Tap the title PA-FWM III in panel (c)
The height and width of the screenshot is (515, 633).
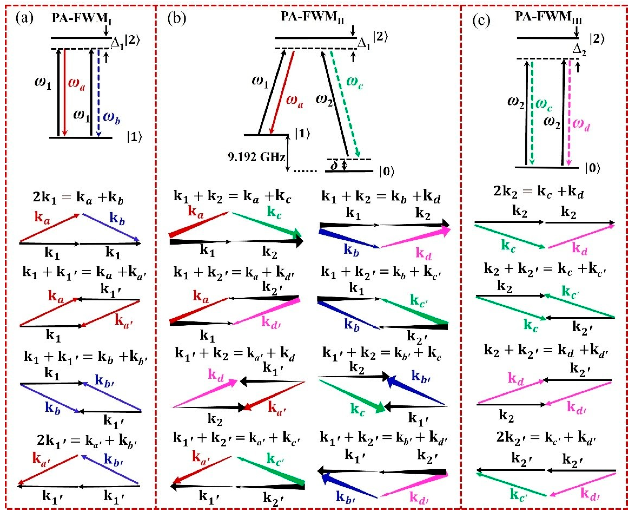pyautogui.click(x=548, y=17)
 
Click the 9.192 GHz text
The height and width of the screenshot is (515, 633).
pyautogui.click(x=256, y=157)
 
